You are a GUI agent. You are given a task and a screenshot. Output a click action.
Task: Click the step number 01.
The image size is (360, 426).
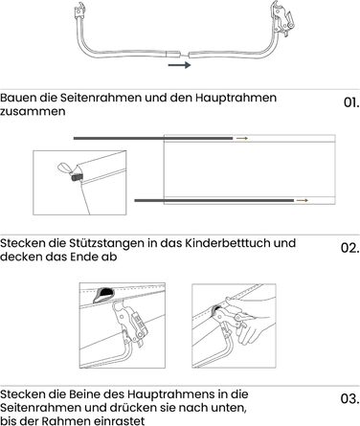coord(351,102)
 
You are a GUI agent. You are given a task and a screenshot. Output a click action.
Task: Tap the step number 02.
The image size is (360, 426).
coord(350,248)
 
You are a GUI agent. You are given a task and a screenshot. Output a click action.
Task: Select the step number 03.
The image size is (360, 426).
coord(350,399)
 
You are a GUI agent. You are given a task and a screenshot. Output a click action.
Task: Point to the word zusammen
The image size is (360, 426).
coord(33,112)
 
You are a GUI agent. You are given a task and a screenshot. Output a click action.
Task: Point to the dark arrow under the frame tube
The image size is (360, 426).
coord(179,65)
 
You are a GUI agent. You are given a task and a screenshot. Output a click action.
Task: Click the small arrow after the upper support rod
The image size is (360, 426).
coord(242,139)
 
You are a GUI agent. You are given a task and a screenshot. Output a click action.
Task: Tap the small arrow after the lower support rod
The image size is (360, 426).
coord(303,200)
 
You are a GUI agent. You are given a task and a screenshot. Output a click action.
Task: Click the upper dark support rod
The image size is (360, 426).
coord(153,139)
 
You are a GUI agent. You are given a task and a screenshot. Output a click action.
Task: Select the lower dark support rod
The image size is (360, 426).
coord(214,200)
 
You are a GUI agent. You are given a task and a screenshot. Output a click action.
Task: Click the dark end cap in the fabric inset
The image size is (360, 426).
coord(78,176)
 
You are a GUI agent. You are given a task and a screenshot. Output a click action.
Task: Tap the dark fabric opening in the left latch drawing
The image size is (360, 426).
coord(103,294)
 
